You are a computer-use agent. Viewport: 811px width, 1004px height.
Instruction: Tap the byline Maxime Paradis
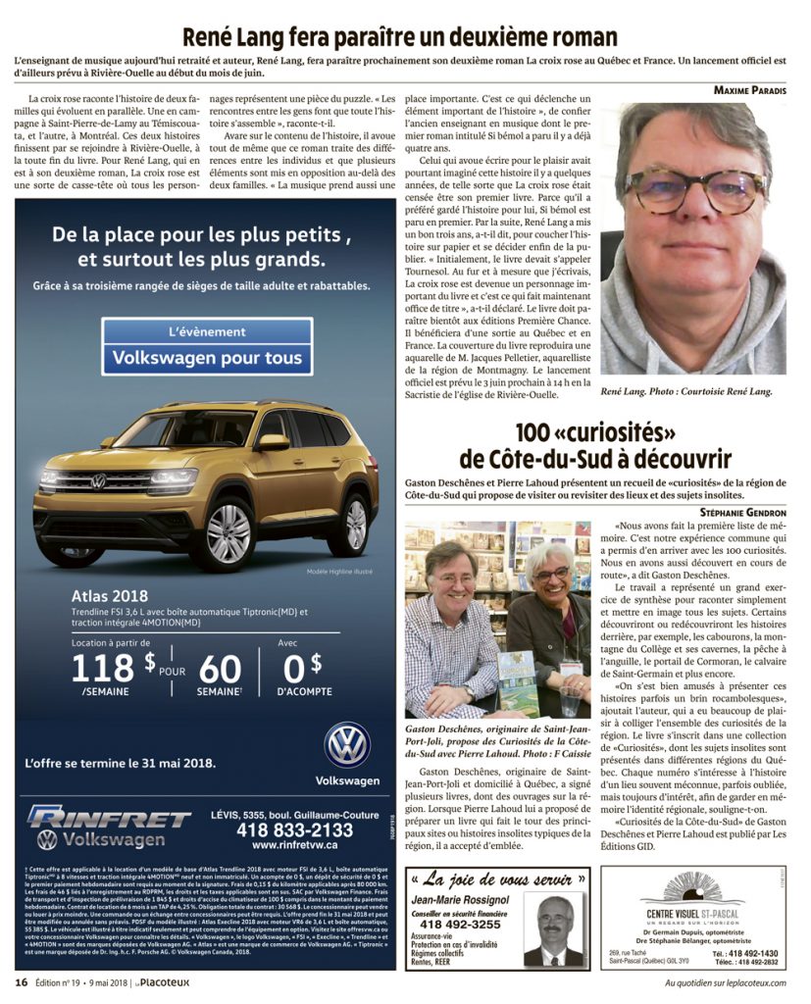(x=748, y=90)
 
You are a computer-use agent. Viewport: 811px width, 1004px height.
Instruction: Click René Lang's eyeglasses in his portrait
(x=695, y=189)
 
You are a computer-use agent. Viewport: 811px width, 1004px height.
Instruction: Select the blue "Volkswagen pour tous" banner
(x=207, y=358)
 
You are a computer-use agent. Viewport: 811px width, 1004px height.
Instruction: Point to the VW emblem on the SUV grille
(x=98, y=480)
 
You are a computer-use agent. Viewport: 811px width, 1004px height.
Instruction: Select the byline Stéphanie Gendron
(x=743, y=513)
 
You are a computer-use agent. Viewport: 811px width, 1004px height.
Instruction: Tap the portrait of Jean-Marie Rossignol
(x=555, y=929)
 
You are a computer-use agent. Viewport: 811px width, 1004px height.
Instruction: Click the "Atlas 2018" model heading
(x=108, y=595)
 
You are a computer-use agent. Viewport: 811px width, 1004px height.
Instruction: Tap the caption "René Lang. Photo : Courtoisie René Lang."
(x=685, y=391)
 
